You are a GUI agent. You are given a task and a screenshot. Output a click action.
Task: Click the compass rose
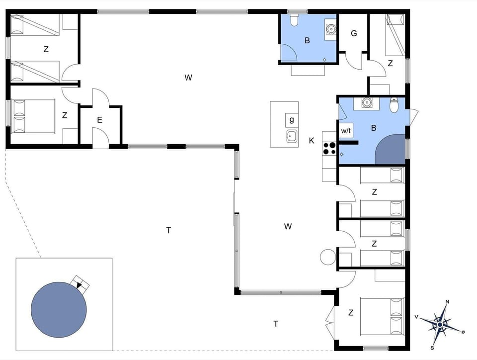coord(440,324)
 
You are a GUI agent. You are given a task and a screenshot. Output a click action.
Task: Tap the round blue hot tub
coord(59,309)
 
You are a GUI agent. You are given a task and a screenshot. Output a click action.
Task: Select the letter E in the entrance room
coord(100,120)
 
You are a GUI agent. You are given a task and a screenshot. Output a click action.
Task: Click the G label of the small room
coord(354,33)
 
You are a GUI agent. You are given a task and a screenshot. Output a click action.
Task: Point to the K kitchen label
coord(312,141)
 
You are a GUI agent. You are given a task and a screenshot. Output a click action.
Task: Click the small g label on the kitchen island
coord(292,120)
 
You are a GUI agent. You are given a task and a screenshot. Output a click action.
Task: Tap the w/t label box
coord(346,131)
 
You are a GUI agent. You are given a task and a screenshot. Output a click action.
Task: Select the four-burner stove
coord(329,148)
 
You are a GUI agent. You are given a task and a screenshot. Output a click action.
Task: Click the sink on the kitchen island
coord(292,136)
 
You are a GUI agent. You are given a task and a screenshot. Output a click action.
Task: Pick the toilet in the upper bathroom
coord(293,20)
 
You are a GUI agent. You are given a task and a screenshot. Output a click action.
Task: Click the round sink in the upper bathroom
coord(331,29)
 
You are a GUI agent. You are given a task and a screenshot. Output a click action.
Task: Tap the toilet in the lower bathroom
coord(395,105)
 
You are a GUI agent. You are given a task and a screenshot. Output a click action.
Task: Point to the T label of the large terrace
coord(168,230)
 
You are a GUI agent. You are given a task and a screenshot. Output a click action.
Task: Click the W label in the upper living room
coord(188,77)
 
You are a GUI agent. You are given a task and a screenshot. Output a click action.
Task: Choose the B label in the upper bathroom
coord(307,41)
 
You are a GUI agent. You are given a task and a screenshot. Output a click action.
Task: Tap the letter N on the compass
coord(447,302)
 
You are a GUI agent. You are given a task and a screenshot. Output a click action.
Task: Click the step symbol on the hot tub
coord(80,283)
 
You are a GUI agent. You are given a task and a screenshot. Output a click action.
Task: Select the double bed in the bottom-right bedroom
coord(382,316)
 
